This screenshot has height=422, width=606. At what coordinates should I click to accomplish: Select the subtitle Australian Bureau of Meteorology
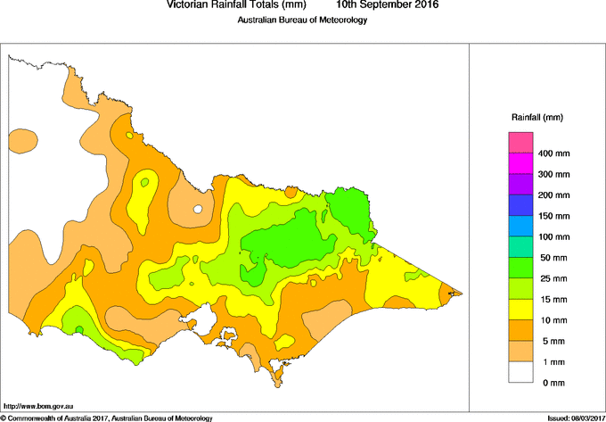[x=302, y=21]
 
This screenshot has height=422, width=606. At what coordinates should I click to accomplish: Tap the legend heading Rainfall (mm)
[x=536, y=117]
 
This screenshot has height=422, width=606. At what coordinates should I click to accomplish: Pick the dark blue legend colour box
[x=520, y=205]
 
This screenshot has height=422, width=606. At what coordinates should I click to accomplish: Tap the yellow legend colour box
[x=520, y=309]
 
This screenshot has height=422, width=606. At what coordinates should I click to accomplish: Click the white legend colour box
[x=520, y=371]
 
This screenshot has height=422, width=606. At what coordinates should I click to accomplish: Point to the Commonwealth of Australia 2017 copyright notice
[x=107, y=418]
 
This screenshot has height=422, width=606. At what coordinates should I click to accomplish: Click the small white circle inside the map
[x=198, y=210]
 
